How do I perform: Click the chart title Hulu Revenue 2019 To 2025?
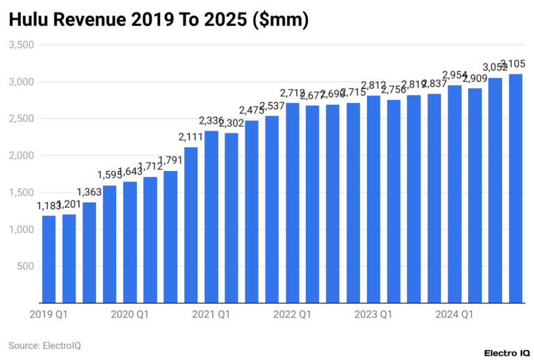click(x=159, y=20)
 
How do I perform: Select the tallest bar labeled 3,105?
click(x=515, y=188)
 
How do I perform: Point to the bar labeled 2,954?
click(x=455, y=194)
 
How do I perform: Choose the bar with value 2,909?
click(x=475, y=195)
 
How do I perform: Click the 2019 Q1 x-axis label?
click(x=49, y=315)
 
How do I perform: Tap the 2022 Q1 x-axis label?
click(x=292, y=315)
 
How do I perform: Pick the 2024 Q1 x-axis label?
click(x=455, y=315)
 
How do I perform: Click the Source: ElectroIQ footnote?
click(x=44, y=345)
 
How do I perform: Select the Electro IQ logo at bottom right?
click(x=506, y=352)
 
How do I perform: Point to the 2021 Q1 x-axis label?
click(x=211, y=315)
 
